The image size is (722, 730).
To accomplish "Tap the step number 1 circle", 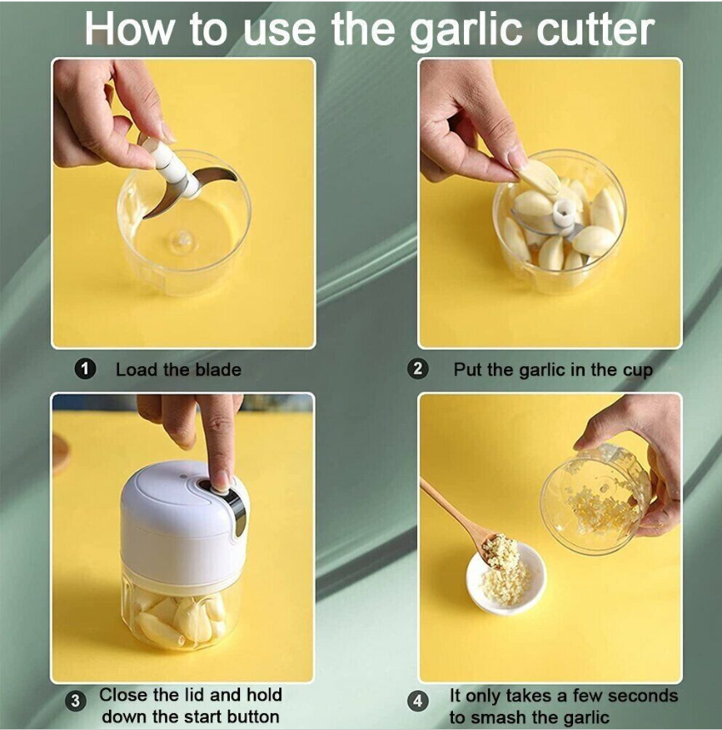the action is click(x=84, y=370).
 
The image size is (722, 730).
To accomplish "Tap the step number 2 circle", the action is click(x=418, y=369).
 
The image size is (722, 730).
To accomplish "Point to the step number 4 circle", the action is click(x=418, y=701).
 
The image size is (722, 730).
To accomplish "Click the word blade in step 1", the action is click(x=218, y=370).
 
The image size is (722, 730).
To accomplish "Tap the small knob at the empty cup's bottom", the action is click(x=182, y=240).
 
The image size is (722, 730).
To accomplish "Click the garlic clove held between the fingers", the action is click(x=540, y=176).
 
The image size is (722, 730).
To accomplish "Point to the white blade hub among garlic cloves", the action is click(x=564, y=213).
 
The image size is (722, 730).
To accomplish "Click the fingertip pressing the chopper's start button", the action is click(x=221, y=482).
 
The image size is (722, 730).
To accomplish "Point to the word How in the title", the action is click(x=129, y=29).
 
